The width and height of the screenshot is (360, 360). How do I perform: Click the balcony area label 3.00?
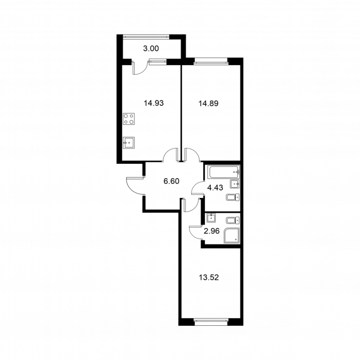(151, 49)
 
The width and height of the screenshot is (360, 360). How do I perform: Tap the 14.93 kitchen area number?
(153, 103)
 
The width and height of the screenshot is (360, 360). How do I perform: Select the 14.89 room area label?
(208, 103)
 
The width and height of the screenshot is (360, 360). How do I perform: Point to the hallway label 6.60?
(171, 181)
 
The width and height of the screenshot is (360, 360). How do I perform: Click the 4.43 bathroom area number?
(215, 188)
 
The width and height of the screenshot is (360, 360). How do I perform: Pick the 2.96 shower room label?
(211, 231)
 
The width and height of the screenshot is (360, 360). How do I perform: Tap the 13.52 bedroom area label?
(209, 278)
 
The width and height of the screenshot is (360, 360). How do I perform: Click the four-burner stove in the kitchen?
(129, 119)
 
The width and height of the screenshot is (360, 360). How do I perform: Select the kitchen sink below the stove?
(129, 143)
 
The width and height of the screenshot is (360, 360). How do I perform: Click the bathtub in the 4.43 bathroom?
(223, 172)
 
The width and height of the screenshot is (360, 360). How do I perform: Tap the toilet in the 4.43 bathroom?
(233, 197)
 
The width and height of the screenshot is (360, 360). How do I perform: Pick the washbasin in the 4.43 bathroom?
(234, 184)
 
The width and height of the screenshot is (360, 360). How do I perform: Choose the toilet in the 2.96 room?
(233, 221)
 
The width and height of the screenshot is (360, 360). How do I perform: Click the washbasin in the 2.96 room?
(211, 218)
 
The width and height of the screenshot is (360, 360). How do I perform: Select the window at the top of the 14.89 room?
(211, 61)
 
